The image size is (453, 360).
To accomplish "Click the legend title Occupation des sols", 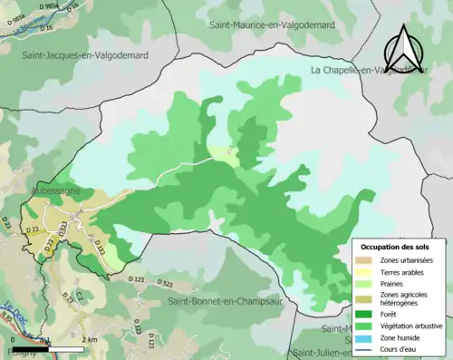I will [x=396, y=247].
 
